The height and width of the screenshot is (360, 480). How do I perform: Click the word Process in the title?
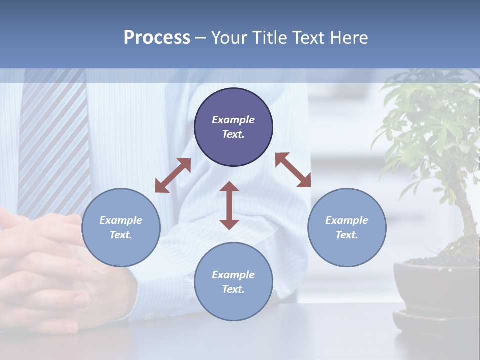click(157, 38)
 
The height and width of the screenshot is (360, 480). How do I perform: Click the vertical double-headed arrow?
click(229, 205)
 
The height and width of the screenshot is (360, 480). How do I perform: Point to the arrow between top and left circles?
click(173, 175)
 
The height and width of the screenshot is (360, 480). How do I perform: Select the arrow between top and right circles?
click(293, 170)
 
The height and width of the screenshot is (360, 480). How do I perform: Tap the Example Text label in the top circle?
click(233, 127)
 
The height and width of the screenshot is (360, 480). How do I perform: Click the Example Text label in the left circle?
click(121, 227)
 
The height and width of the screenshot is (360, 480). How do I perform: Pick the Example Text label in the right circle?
click(347, 227)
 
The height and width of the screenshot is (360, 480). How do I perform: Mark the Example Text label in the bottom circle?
click(233, 282)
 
